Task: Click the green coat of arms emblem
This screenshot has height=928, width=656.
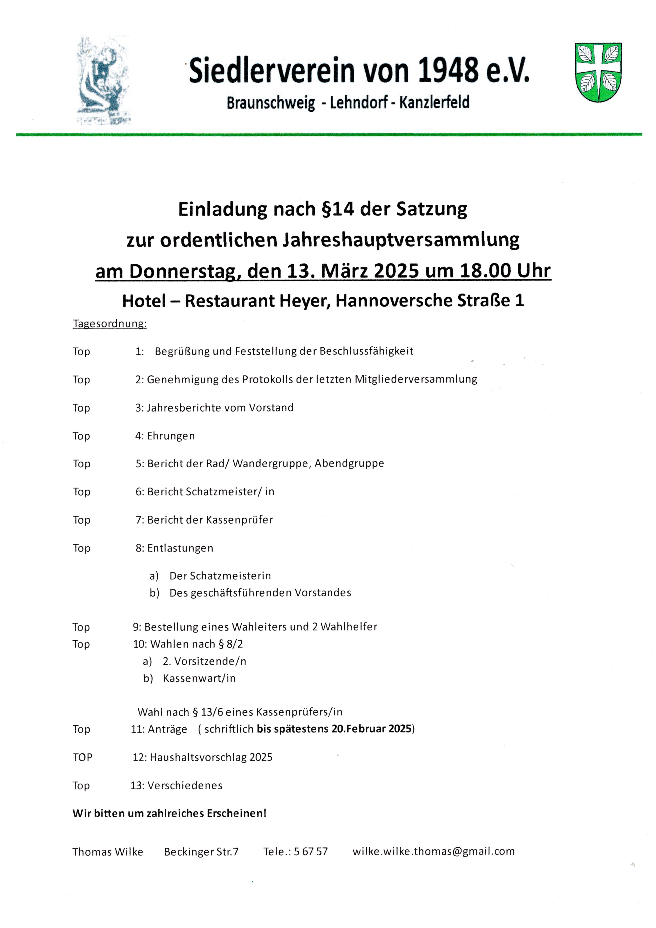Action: pos(598,73)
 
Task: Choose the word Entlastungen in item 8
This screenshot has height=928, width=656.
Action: pos(180,548)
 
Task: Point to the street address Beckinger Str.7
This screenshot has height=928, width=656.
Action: pos(201,852)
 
